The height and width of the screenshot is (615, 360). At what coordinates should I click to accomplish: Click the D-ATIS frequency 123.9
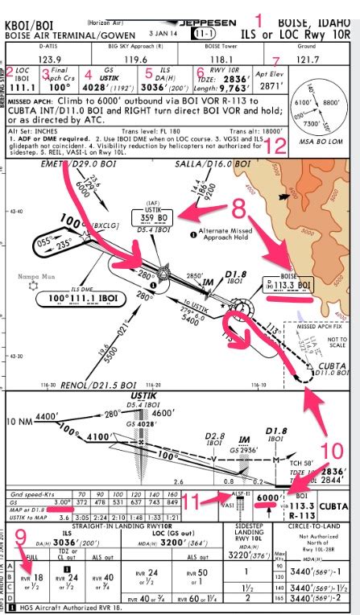point(52,59)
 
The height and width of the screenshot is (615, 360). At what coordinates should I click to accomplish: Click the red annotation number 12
point(275,146)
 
